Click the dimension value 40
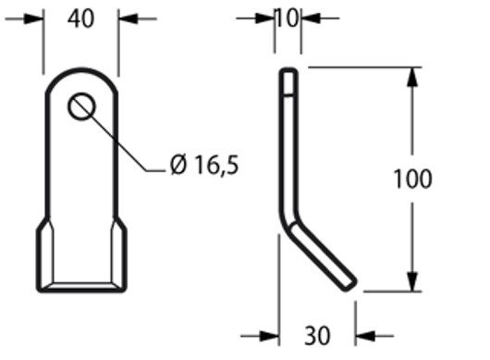coord(80,19)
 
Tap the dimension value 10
coord(288,19)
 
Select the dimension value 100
coord(412,179)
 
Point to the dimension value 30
coord(317,336)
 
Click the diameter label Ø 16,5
coord(204,165)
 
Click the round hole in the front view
coord(81,106)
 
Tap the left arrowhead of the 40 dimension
coord(34,19)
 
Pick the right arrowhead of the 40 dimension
coord(129,19)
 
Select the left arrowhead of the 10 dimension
coord(265,19)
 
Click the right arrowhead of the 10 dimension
coord(311,19)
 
